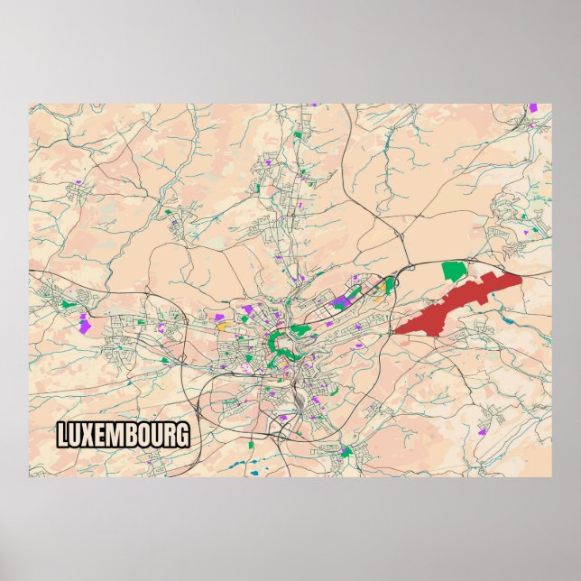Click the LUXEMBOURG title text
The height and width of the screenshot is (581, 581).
tap(124, 435)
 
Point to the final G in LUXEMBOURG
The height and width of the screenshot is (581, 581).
tap(182, 435)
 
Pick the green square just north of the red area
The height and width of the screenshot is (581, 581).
tap(454, 269)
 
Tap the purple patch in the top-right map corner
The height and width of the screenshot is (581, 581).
tap(532, 108)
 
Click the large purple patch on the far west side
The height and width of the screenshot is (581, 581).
tap(85, 324)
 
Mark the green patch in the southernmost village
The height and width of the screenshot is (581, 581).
tap(346, 451)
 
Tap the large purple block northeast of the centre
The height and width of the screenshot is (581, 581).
tap(341, 300)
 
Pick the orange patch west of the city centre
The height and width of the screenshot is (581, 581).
tap(221, 327)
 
